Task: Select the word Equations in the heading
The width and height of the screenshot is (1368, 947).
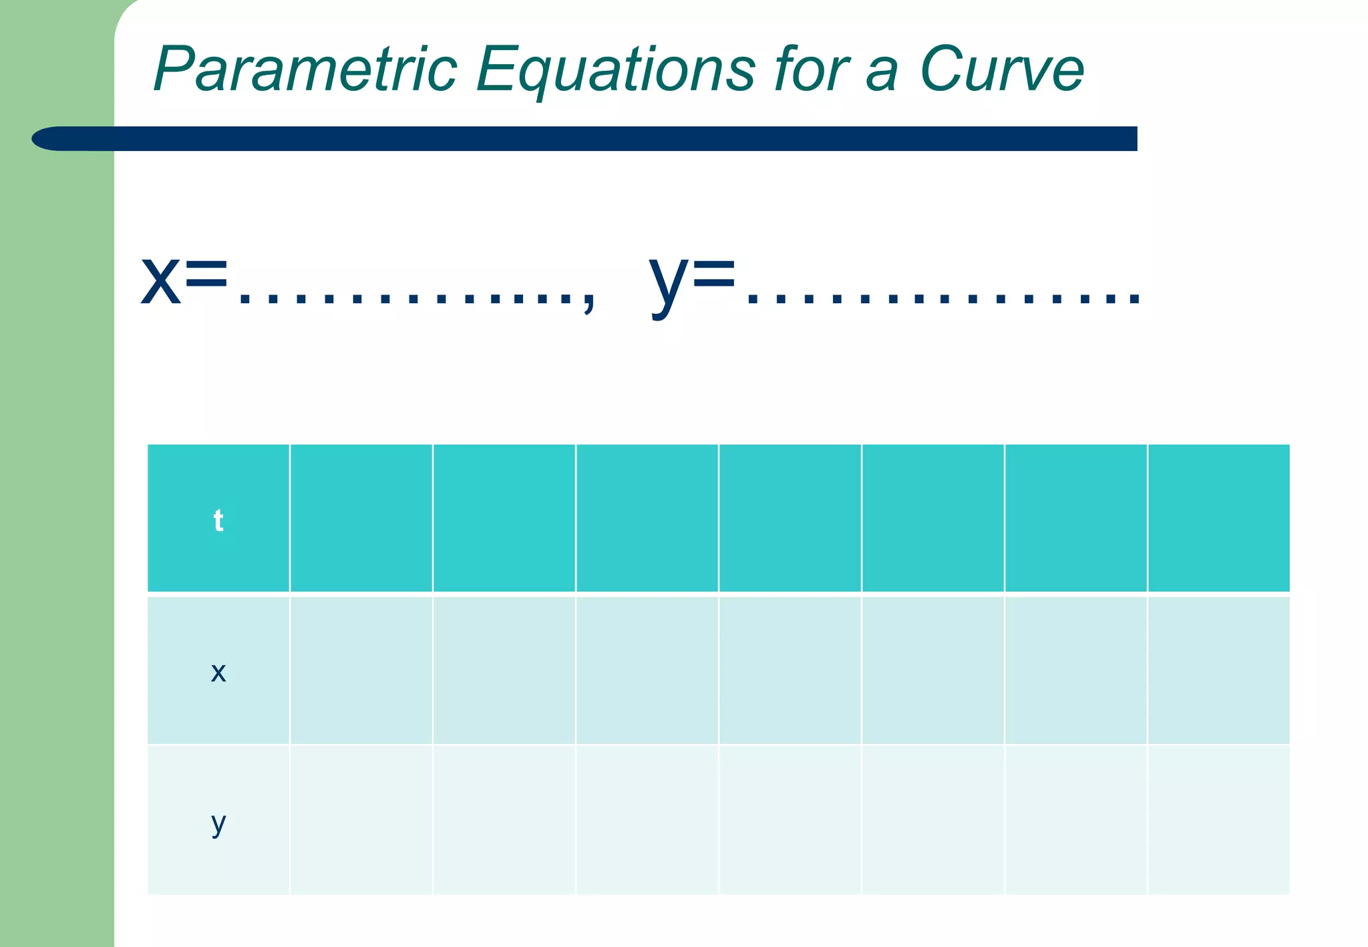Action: pos(615,71)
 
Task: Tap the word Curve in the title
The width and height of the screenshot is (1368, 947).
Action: pos(1001,69)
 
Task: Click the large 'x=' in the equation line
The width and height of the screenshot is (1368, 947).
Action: pos(184,280)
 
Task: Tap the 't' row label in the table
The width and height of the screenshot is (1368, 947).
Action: pos(218,520)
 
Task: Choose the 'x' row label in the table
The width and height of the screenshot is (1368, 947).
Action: pos(218,672)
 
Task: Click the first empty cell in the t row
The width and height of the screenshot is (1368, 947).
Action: pos(361,518)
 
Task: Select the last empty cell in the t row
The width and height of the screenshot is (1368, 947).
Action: pos(1218,518)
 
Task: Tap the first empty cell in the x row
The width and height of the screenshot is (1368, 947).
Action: pos(361,670)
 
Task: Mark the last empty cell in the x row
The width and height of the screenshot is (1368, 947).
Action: pos(1218,670)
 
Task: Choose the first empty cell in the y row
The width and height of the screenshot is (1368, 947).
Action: pos(361,819)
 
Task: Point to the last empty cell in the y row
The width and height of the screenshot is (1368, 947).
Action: pos(1218,819)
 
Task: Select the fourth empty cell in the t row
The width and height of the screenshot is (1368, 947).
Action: pos(790,518)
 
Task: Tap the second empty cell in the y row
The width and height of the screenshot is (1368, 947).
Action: pos(504,819)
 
